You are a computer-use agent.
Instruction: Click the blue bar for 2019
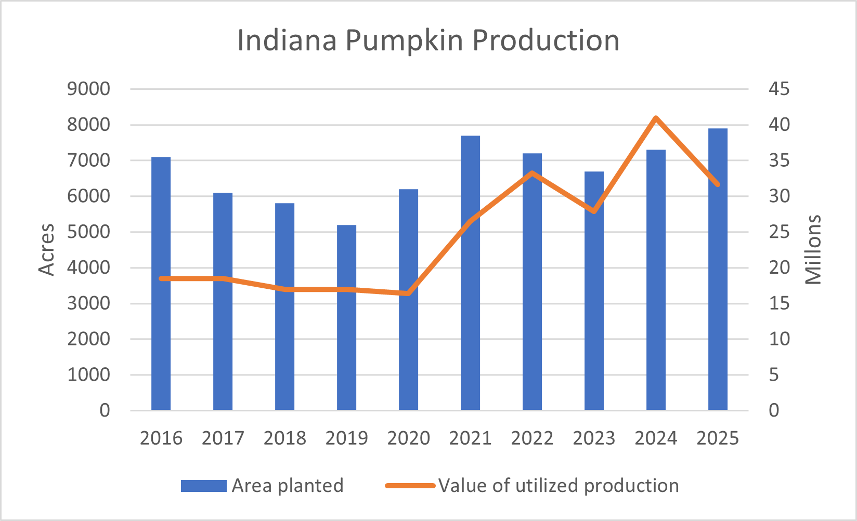(x=347, y=318)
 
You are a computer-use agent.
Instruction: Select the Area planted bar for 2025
(x=718, y=270)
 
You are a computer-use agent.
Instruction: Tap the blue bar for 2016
(x=161, y=284)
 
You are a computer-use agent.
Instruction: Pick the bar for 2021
(x=470, y=273)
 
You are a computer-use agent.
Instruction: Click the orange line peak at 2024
(x=656, y=118)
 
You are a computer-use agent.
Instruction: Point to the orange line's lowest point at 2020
(x=408, y=293)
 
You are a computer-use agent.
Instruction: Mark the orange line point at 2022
(x=532, y=173)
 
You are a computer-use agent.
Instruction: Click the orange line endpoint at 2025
(x=718, y=184)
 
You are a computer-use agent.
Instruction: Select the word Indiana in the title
(x=287, y=40)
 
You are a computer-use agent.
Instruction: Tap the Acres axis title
(x=47, y=250)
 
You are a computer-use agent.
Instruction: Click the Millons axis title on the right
(x=813, y=250)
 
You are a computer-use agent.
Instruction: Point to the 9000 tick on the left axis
(x=88, y=89)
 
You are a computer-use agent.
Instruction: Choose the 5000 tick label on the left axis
(x=88, y=232)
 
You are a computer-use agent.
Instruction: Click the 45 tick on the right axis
(x=780, y=89)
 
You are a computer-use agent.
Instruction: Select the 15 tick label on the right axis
(x=780, y=303)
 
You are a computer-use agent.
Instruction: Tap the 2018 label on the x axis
(x=284, y=438)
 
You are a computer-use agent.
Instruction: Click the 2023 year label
(x=594, y=438)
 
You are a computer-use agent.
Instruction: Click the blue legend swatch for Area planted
(x=204, y=486)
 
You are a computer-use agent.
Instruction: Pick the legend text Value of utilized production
(x=559, y=486)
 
